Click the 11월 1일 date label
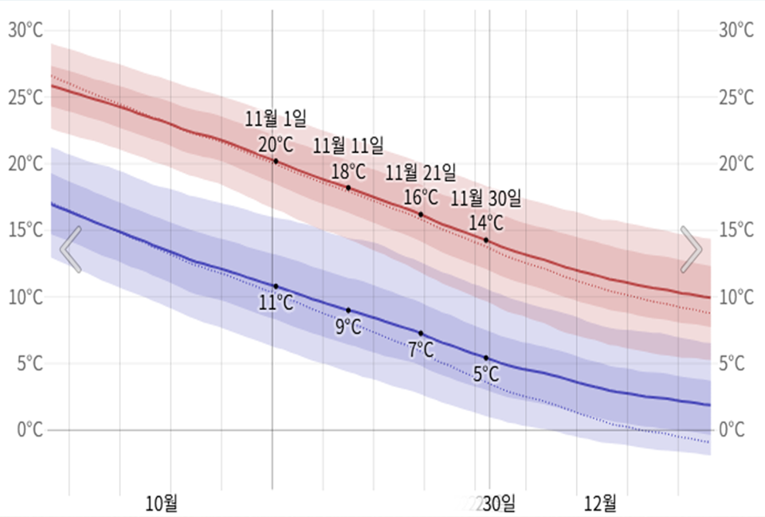[275, 119]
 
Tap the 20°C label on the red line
[275, 144]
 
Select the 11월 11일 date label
[347, 146]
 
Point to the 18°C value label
[348, 171]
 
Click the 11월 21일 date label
[421, 172]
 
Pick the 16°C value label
[421, 197]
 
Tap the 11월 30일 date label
[486, 198]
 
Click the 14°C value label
[486, 222]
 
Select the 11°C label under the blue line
[276, 303]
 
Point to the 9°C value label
[348, 327]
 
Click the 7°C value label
[421, 349]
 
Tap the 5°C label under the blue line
[486, 374]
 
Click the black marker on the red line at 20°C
[276, 161]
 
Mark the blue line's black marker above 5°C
[486, 358]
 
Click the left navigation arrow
[71, 249]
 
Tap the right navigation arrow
[691, 249]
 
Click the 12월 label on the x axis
[601, 503]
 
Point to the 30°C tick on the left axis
[25, 30]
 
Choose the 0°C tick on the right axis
[736, 430]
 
